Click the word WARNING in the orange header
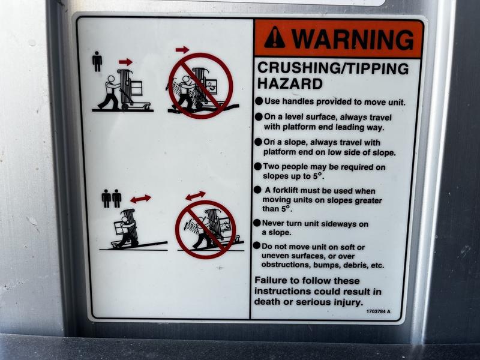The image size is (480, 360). [352, 39]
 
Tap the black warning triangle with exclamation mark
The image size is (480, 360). [275, 38]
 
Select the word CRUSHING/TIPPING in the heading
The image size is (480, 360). [333, 68]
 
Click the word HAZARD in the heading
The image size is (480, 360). [290, 83]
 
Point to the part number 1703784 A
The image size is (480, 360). [379, 311]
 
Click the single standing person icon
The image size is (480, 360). [97, 61]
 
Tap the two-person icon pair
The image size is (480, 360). [112, 199]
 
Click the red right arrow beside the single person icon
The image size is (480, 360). [125, 62]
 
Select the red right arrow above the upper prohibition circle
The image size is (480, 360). [182, 50]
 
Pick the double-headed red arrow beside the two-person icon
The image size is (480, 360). [140, 199]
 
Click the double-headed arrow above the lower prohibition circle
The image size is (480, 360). [196, 196]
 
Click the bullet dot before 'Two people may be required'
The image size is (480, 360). [258, 166]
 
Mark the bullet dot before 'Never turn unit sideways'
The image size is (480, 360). [257, 223]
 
